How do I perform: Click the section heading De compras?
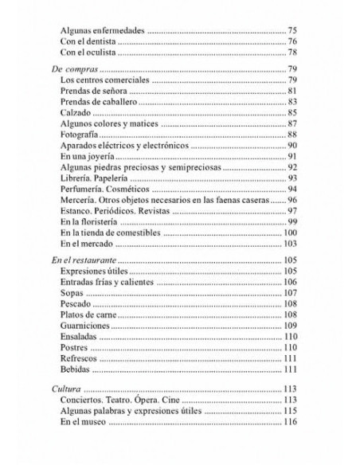point(68,70)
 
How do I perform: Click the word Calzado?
point(76,114)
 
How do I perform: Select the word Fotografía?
point(81,135)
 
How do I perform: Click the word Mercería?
point(80,200)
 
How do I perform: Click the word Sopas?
point(72,293)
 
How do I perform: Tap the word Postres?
point(76,348)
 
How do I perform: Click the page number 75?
point(292,30)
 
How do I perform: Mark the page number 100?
point(289,232)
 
